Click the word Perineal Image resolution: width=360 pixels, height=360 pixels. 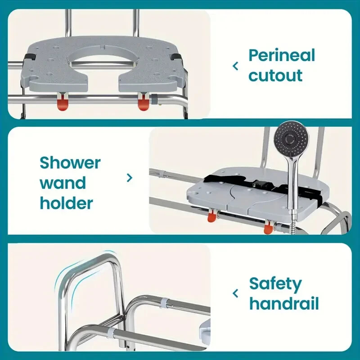coord(282,56)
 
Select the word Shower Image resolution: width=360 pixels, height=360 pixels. coord(70,162)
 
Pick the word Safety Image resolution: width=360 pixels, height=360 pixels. coord(275,284)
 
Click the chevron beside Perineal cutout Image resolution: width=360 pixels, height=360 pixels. coord(235,66)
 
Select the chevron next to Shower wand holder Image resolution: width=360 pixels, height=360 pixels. coord(130,178)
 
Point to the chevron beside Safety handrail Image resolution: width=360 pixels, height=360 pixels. coord(235,293)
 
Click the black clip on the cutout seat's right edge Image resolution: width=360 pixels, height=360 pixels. coord(175,57)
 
